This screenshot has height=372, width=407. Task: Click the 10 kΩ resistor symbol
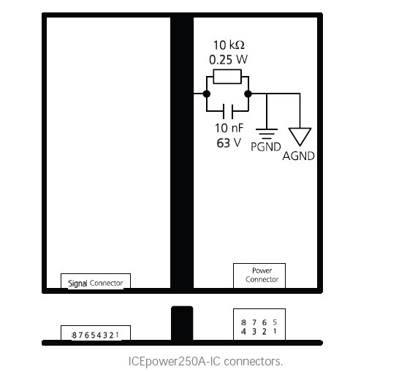pyautogui.click(x=227, y=77)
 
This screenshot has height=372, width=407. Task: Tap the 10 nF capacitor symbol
pyautogui.click(x=228, y=111)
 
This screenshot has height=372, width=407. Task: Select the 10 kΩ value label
pyautogui.click(x=229, y=45)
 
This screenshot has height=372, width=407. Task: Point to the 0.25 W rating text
pyautogui.click(x=228, y=60)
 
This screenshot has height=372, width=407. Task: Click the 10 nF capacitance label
pyautogui.click(x=229, y=128)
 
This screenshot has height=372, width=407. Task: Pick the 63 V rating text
pyautogui.click(x=229, y=143)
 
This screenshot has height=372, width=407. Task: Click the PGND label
pyautogui.click(x=266, y=147)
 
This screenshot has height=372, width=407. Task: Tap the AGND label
pyautogui.click(x=299, y=156)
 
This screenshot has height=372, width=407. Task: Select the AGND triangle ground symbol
pyautogui.click(x=300, y=136)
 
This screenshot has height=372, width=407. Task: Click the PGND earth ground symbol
pyautogui.click(x=267, y=134)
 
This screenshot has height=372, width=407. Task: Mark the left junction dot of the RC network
pyautogui.click(x=207, y=94)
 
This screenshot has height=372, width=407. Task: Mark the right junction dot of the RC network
pyautogui.click(x=248, y=94)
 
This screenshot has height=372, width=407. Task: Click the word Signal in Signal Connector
pyautogui.click(x=77, y=284)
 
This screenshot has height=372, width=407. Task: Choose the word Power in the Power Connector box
pyautogui.click(x=262, y=270)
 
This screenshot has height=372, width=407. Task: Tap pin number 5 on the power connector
pyautogui.click(x=275, y=322)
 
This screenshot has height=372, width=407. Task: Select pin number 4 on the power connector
pyautogui.click(x=243, y=332)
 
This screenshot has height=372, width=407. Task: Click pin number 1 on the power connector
pyautogui.click(x=275, y=331)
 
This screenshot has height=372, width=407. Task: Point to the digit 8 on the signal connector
pyautogui.click(x=75, y=335)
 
